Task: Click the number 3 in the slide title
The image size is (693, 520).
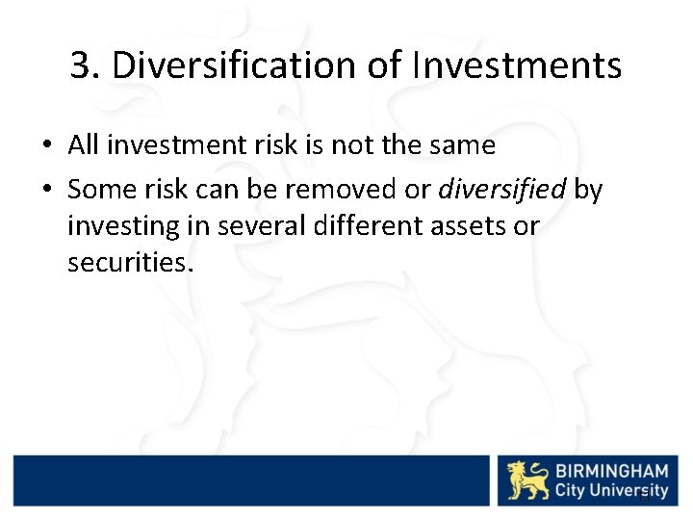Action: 82,66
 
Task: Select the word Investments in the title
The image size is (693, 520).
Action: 517,66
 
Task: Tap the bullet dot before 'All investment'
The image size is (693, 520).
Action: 46,146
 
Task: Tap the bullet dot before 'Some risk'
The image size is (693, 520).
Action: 46,191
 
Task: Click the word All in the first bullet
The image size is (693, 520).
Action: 84,145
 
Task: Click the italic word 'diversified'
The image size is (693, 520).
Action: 501,190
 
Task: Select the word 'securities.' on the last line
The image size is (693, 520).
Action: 130,262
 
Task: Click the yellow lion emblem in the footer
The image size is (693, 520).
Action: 528,480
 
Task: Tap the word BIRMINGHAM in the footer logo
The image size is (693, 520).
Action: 611,470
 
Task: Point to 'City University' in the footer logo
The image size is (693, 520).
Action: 611,491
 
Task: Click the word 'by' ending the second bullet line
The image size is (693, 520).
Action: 588,191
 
